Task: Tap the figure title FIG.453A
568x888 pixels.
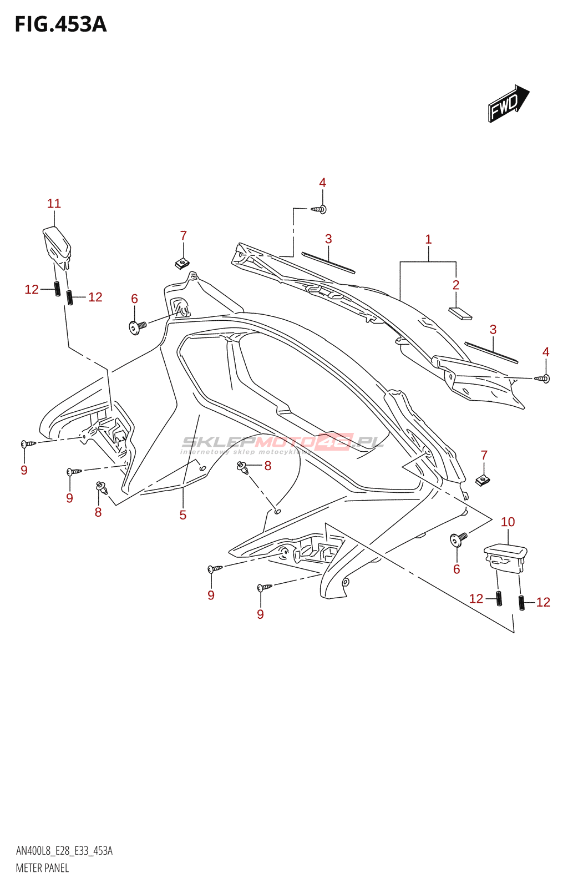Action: (x=60, y=24)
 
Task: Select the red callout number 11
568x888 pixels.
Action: (x=54, y=204)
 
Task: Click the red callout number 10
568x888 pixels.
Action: (x=508, y=522)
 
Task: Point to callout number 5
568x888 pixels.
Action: (x=182, y=515)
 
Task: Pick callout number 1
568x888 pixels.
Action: (x=428, y=239)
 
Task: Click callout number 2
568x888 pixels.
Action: (x=456, y=285)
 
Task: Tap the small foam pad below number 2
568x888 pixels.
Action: (x=460, y=314)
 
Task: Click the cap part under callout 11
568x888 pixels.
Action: (x=57, y=245)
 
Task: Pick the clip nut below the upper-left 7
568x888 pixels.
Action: (x=182, y=263)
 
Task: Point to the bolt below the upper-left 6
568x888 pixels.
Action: (x=136, y=326)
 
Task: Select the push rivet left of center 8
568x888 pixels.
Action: (x=242, y=467)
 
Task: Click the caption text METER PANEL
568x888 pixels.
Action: (x=42, y=868)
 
